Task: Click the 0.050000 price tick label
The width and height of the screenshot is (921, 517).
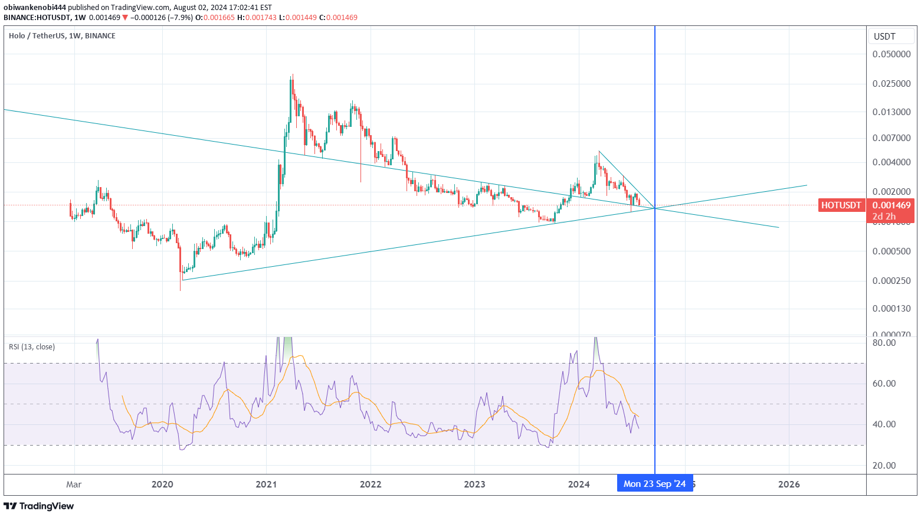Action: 891,54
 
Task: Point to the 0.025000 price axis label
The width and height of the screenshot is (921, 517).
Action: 891,83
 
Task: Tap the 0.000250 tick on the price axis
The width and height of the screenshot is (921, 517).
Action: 891,280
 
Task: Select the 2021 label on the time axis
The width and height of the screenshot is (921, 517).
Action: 266,485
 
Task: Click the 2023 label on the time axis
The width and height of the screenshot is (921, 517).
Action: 474,485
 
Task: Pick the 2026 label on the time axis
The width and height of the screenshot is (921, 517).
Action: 789,485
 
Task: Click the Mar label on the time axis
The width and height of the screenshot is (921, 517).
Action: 74,485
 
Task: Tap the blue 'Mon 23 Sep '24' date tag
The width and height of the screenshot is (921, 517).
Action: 654,484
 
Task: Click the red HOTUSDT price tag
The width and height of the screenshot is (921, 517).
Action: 841,205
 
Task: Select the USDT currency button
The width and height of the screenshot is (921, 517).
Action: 884,37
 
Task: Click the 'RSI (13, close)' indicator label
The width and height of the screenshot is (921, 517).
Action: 32,346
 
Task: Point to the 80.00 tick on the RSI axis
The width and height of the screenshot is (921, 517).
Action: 884,342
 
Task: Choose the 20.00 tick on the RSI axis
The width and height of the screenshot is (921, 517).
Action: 884,465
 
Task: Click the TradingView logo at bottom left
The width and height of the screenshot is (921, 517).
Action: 39,506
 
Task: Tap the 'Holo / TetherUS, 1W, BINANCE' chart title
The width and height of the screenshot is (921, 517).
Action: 62,36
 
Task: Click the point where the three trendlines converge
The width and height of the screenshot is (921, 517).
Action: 654,208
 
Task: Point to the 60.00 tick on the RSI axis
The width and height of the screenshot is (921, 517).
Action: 884,383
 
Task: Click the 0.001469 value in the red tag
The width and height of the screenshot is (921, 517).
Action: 891,205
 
